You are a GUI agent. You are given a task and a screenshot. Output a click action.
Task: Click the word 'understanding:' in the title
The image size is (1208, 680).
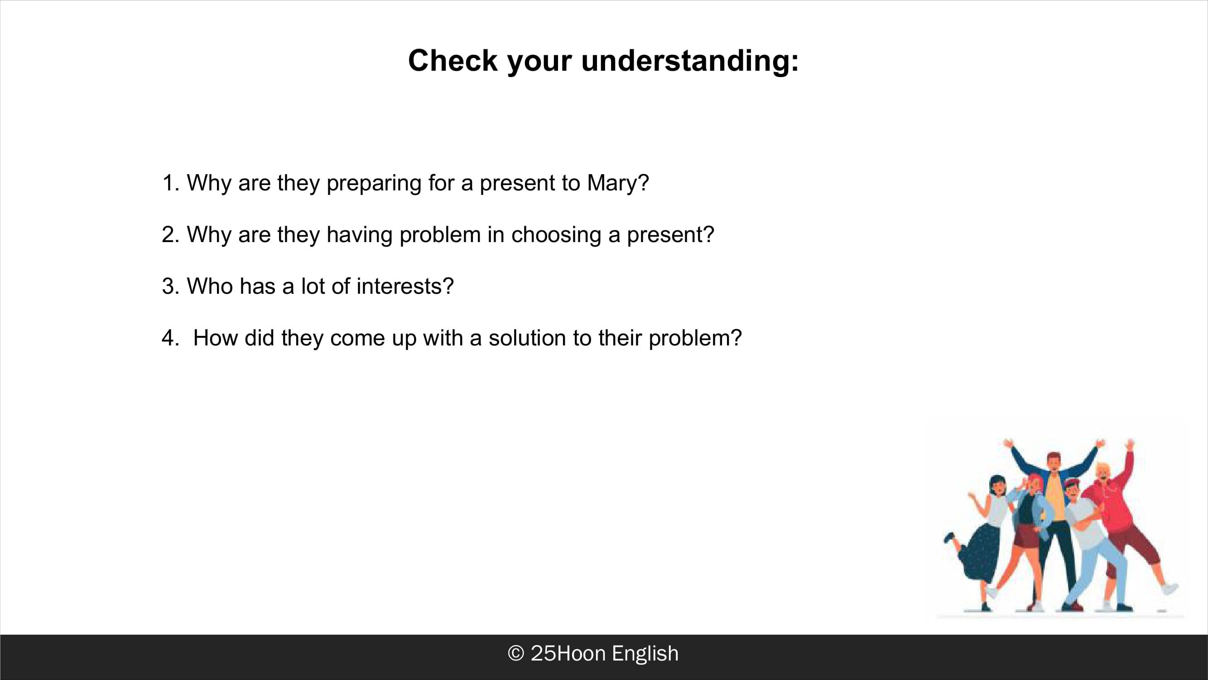pyautogui.click(x=690, y=62)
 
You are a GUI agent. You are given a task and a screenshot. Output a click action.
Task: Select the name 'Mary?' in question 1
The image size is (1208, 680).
pyautogui.click(x=618, y=184)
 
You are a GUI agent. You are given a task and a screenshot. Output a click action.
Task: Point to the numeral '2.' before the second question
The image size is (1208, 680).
pyautogui.click(x=171, y=235)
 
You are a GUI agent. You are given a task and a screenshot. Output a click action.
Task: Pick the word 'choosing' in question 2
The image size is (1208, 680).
pyautogui.click(x=556, y=235)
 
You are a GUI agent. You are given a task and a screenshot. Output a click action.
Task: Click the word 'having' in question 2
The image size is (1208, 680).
pyautogui.click(x=359, y=235)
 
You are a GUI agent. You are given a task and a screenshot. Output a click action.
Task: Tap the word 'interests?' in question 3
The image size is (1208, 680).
pyautogui.click(x=405, y=286)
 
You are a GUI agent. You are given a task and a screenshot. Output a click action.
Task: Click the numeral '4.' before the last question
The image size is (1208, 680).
pyautogui.click(x=171, y=338)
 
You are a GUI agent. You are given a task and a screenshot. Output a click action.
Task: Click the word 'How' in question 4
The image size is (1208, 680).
pyautogui.click(x=215, y=338)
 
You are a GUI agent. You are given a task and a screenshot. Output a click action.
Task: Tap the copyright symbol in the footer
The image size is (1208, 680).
pyautogui.click(x=516, y=654)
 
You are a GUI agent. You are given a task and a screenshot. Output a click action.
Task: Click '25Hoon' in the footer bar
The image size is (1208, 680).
pyautogui.click(x=568, y=654)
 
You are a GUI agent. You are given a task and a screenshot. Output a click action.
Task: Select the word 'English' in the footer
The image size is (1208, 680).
pyautogui.click(x=645, y=654)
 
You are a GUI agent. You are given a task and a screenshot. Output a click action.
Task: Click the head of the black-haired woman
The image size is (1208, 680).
pyautogui.click(x=997, y=485)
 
